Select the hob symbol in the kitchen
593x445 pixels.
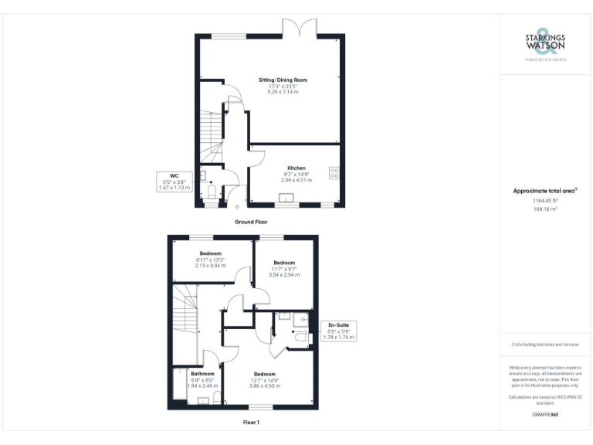[334, 174]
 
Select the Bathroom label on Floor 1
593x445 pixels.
[202, 374]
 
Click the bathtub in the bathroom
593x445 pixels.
[179, 384]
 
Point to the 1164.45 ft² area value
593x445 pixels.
[545, 200]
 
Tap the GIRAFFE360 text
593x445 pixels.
[545, 415]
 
